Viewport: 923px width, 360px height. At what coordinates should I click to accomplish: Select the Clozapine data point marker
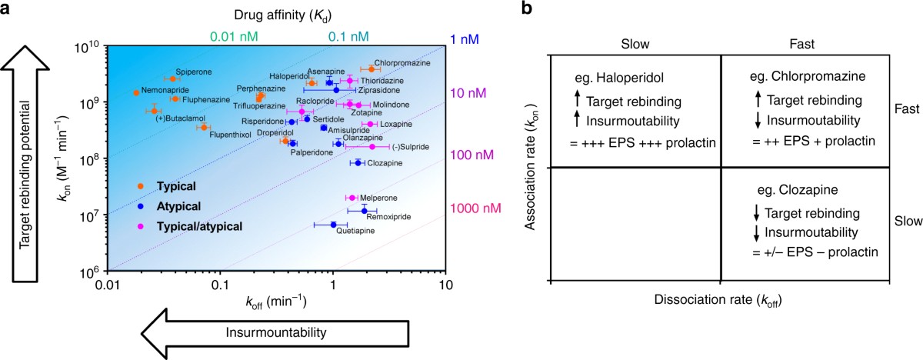[x=358, y=162]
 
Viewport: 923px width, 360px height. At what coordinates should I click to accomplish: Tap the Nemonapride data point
[x=136, y=93]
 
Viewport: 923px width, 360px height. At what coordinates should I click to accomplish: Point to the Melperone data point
[x=352, y=198]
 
